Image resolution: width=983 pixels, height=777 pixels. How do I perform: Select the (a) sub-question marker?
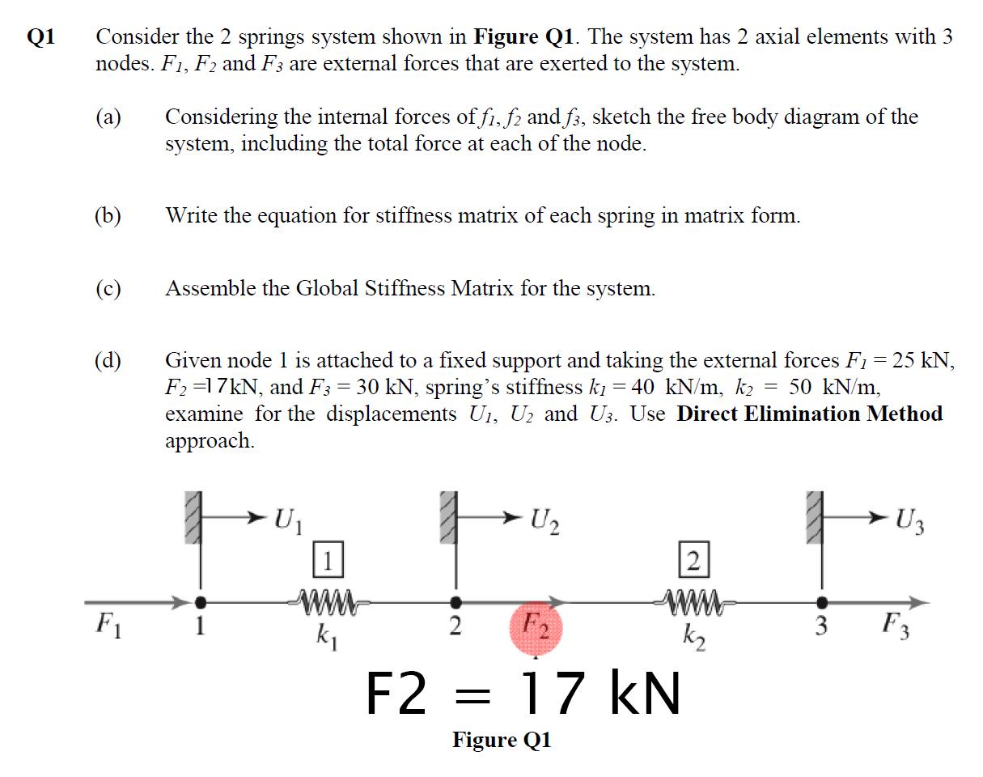coord(109,117)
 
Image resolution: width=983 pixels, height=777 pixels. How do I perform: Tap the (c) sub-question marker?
coord(109,289)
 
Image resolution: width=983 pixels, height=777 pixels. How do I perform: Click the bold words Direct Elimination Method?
coord(809,414)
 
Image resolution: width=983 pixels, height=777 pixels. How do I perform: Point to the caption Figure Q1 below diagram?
coord(502,740)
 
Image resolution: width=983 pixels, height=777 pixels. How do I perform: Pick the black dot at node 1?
coord(201,602)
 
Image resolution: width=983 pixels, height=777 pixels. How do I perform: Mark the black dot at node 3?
coord(821,602)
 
